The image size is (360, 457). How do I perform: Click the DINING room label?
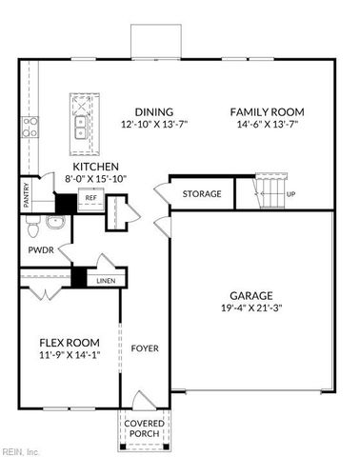coord(153,111)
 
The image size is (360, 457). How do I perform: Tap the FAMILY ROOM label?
coord(266,111)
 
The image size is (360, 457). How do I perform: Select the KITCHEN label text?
coord(94,165)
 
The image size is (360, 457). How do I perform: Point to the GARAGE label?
coord(251,295)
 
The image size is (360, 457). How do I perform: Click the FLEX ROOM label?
coord(69,343)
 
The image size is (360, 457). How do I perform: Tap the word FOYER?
coord(145,348)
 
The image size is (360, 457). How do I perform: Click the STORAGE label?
coord(202,194)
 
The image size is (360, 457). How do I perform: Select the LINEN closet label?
coord(105,281)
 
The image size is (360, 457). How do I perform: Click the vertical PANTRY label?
coord(27,194)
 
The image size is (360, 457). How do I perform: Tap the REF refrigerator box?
coord(91,198)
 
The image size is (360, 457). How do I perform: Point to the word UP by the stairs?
coord(291,194)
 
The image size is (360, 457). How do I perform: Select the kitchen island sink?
coord(80,121)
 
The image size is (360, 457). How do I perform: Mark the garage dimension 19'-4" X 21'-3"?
coord(251,308)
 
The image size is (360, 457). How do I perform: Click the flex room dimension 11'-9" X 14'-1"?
coord(69,355)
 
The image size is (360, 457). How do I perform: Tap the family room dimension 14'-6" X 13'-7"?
coord(266,125)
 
